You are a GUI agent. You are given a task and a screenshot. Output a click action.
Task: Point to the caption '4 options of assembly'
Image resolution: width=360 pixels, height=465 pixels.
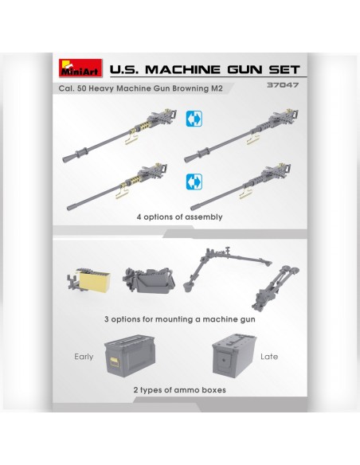[179, 217]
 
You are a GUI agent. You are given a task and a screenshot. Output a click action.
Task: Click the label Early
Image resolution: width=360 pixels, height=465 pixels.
[84, 356]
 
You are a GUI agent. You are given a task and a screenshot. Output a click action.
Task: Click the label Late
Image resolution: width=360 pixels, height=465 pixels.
[269, 356]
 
